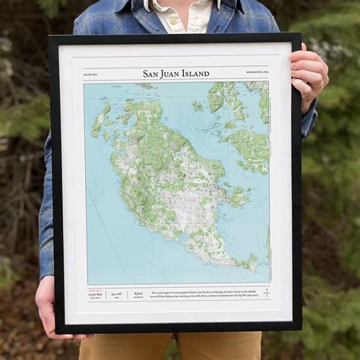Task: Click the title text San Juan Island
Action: click(x=175, y=74)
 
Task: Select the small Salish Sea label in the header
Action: click(x=92, y=74)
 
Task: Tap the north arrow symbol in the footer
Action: click(x=266, y=292)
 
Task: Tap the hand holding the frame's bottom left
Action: click(x=47, y=308)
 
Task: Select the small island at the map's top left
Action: click(x=99, y=122)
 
